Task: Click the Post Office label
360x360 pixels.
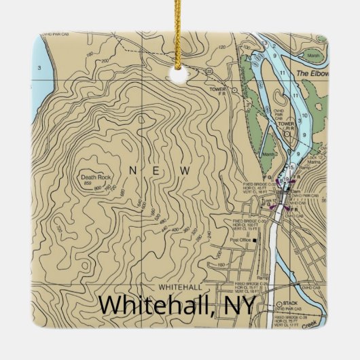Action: pyautogui.click(x=240, y=240)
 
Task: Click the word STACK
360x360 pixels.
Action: pyautogui.click(x=291, y=303)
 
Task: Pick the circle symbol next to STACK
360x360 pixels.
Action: pyautogui.click(x=278, y=303)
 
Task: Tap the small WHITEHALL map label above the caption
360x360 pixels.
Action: pyautogui.click(x=180, y=287)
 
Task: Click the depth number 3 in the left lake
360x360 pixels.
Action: pyautogui.click(x=40, y=67)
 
